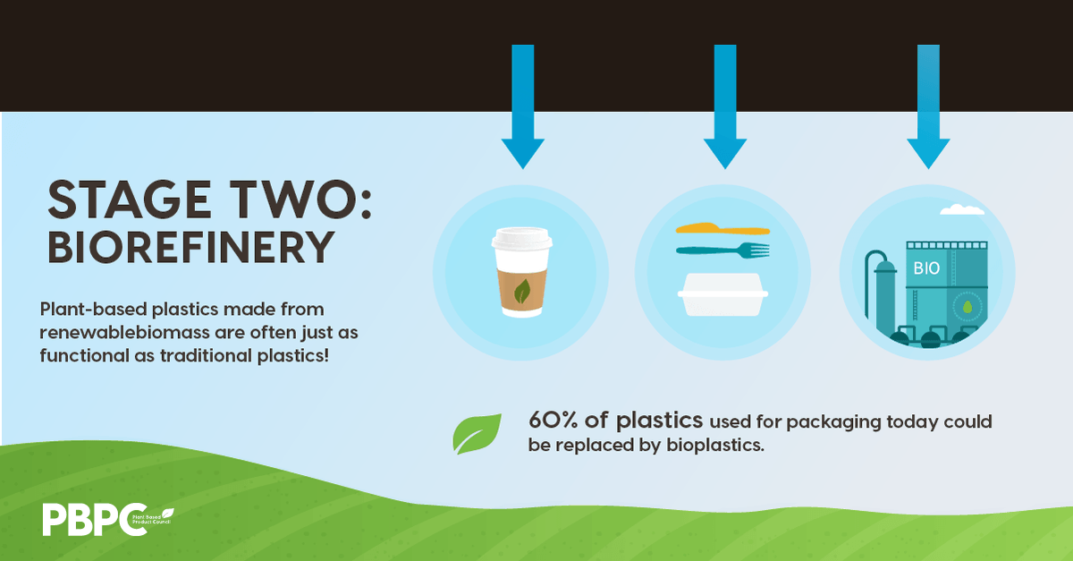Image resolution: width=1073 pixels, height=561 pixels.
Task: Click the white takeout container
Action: (722, 294)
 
